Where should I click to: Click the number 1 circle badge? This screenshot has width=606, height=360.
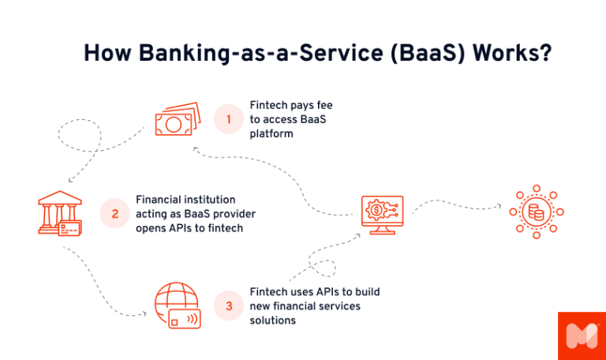point(229,119)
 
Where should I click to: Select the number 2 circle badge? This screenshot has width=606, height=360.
point(115,213)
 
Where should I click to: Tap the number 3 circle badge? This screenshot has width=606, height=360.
point(229,306)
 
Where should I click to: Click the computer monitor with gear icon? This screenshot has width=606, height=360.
point(382,212)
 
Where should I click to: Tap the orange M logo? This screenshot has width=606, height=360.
point(582,336)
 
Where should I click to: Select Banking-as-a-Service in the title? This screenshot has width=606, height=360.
point(236,54)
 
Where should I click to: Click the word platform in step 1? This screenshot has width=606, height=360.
point(271,134)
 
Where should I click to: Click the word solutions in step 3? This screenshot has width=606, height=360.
point(273,321)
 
